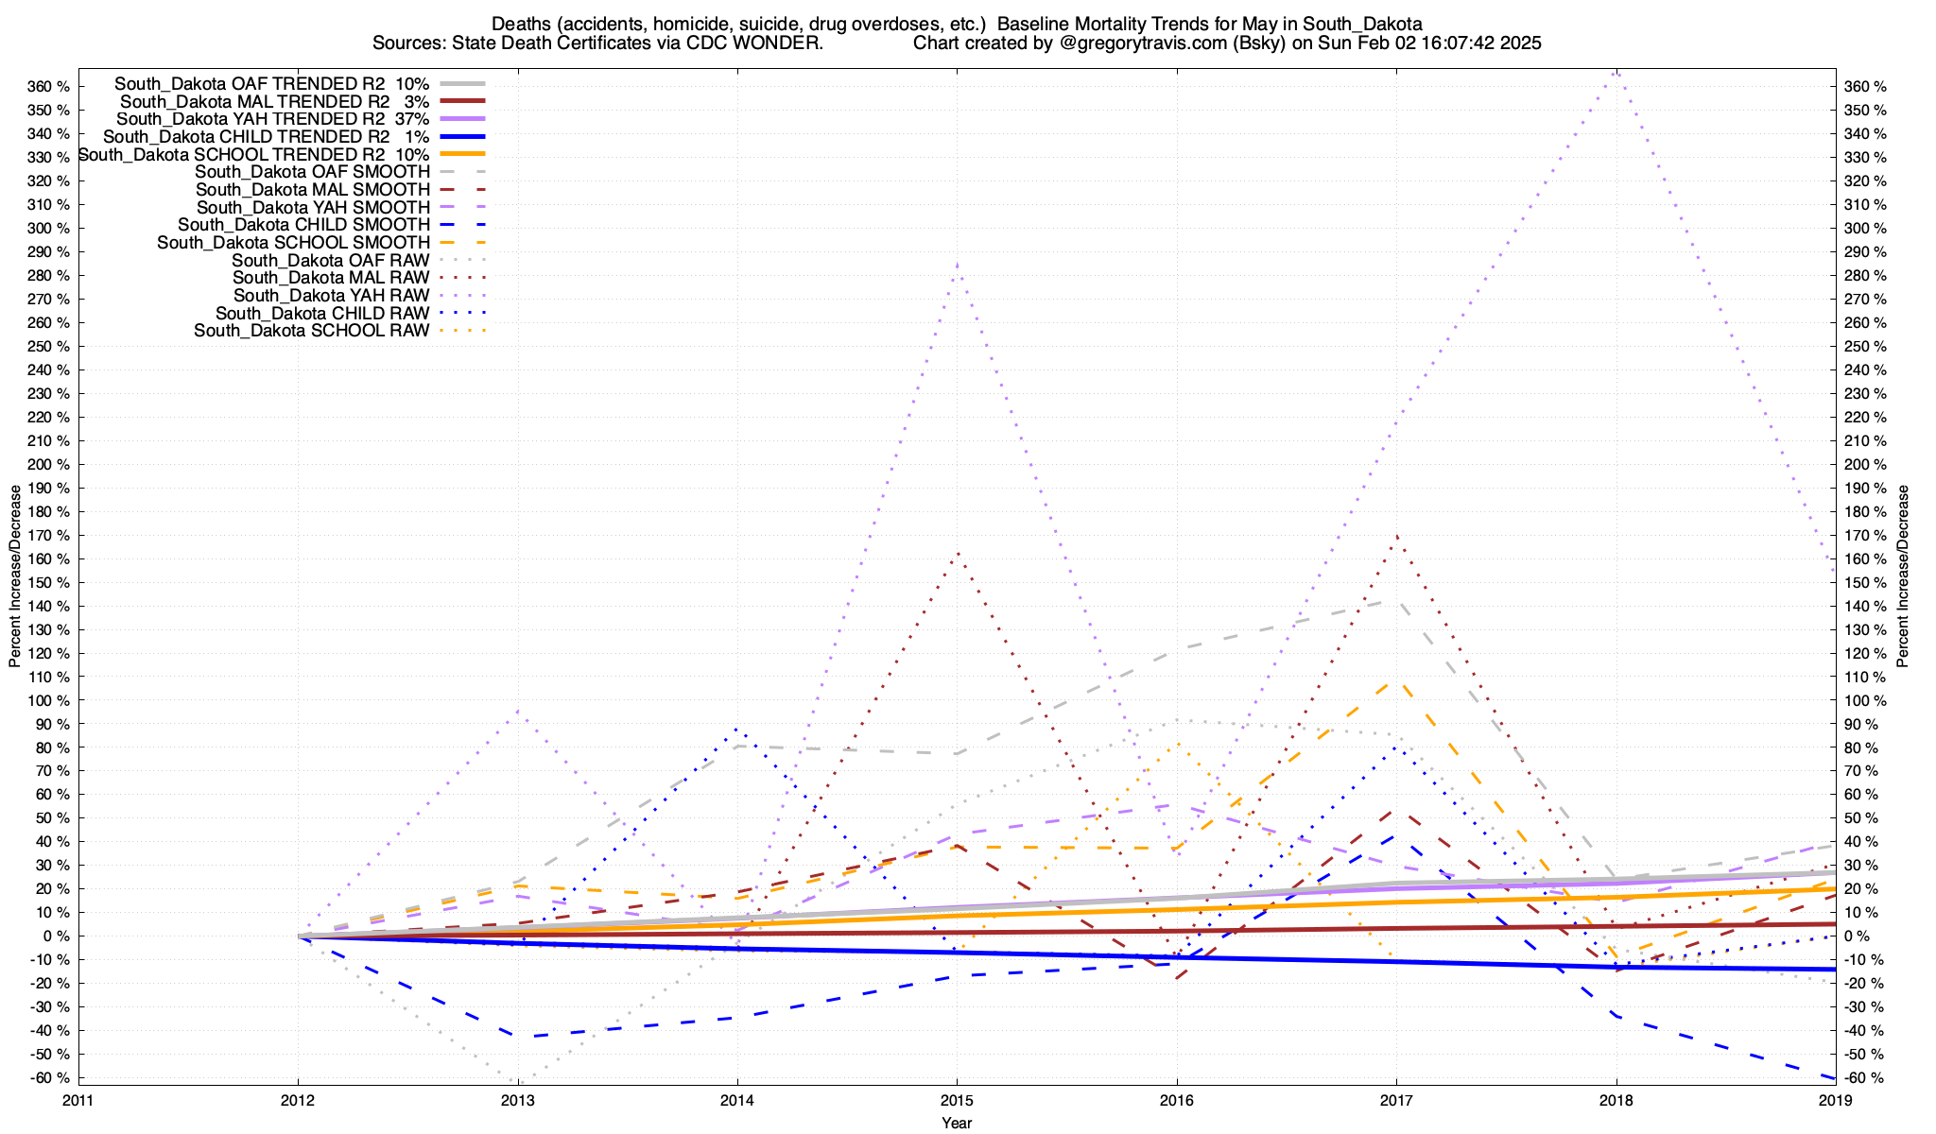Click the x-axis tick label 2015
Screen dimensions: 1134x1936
957,1100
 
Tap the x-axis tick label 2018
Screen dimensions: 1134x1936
1616,1100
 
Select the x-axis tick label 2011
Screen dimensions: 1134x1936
78,1100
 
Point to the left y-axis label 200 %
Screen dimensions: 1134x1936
49,464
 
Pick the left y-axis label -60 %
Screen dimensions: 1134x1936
49,1078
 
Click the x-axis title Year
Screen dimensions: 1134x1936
957,1123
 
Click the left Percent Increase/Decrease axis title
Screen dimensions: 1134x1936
15,576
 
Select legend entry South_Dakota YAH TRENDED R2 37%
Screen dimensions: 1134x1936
272,119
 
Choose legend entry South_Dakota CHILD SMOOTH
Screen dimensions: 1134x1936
303,225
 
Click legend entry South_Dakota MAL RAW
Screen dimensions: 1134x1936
331,278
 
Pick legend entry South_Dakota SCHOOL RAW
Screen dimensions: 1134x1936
312,331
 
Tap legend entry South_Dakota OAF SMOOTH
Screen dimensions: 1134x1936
312,172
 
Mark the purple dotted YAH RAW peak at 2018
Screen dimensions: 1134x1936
1616,71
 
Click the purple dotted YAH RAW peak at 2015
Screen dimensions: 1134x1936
957,265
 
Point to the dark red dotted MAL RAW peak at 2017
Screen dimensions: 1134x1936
1396,536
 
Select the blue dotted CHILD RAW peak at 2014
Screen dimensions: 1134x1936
737,729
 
